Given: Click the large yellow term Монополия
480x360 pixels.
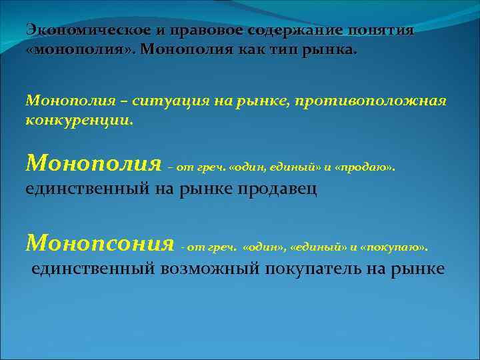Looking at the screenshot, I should click(x=93, y=162).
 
